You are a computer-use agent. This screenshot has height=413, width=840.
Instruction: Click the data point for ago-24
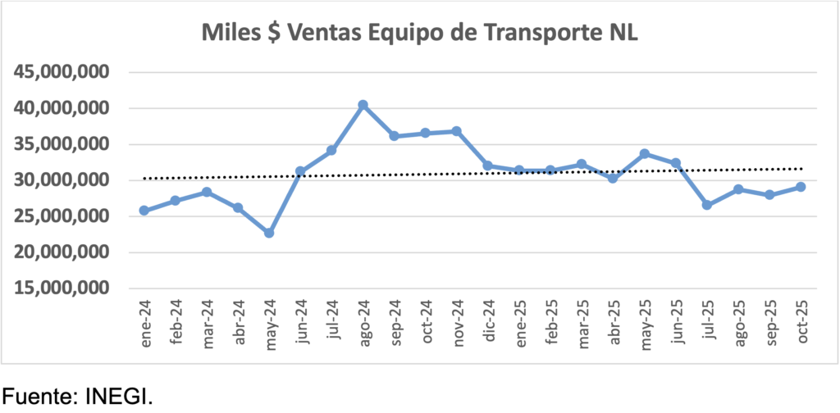(363, 105)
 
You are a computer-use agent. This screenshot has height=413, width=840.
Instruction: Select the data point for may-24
(269, 233)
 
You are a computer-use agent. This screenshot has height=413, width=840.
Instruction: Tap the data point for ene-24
(144, 211)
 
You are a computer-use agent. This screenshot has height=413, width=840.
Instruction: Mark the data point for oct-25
(801, 187)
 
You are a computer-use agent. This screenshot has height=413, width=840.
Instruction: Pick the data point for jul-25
(707, 205)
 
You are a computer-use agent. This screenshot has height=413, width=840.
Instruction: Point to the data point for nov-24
(456, 131)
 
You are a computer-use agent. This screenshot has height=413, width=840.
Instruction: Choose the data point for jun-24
(300, 171)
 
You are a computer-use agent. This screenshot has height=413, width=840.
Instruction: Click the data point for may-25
(645, 153)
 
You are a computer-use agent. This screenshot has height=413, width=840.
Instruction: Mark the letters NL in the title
(623, 34)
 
